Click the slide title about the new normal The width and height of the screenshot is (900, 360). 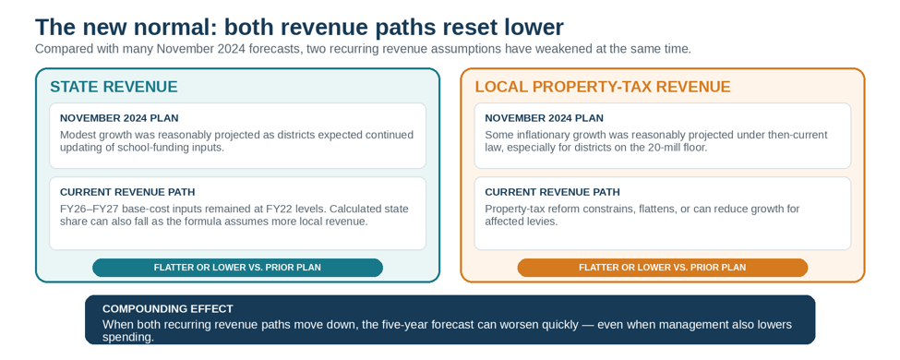pos(300,28)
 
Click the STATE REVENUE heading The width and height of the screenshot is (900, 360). pos(114,87)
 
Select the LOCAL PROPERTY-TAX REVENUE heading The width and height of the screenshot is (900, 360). pos(603,87)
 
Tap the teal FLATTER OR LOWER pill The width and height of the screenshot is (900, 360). pos(237,268)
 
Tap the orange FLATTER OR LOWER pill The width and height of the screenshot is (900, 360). pos(663,268)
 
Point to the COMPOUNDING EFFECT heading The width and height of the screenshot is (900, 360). pos(168,309)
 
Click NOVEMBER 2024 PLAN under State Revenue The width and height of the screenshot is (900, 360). pos(119,118)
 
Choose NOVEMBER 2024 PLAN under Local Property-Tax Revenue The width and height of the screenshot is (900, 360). pos(544,118)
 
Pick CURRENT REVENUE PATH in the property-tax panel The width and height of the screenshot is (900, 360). pos(552,192)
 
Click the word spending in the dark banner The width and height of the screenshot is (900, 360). pos(128,338)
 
